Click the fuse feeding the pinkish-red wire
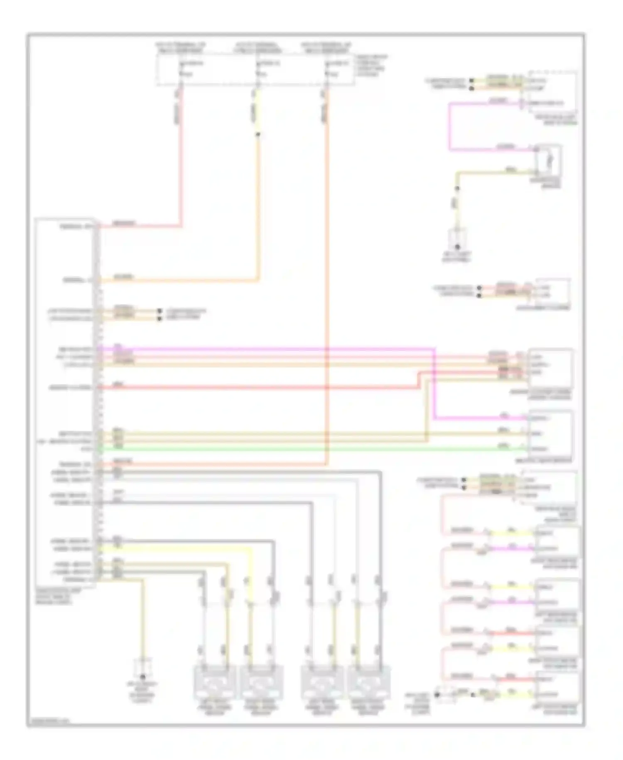181,69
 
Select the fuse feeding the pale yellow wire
258,69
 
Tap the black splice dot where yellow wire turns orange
258,134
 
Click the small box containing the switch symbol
548,160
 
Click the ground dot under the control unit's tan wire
144,676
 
